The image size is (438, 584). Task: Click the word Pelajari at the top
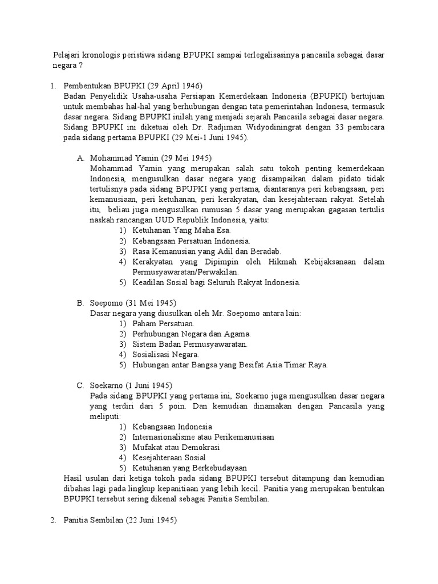click(x=67, y=55)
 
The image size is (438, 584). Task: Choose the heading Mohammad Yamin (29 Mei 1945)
click(x=151, y=158)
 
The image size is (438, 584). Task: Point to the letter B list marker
click(x=80, y=303)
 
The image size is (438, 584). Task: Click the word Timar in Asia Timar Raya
click(x=290, y=364)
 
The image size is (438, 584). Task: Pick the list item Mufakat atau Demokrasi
click(x=172, y=447)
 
